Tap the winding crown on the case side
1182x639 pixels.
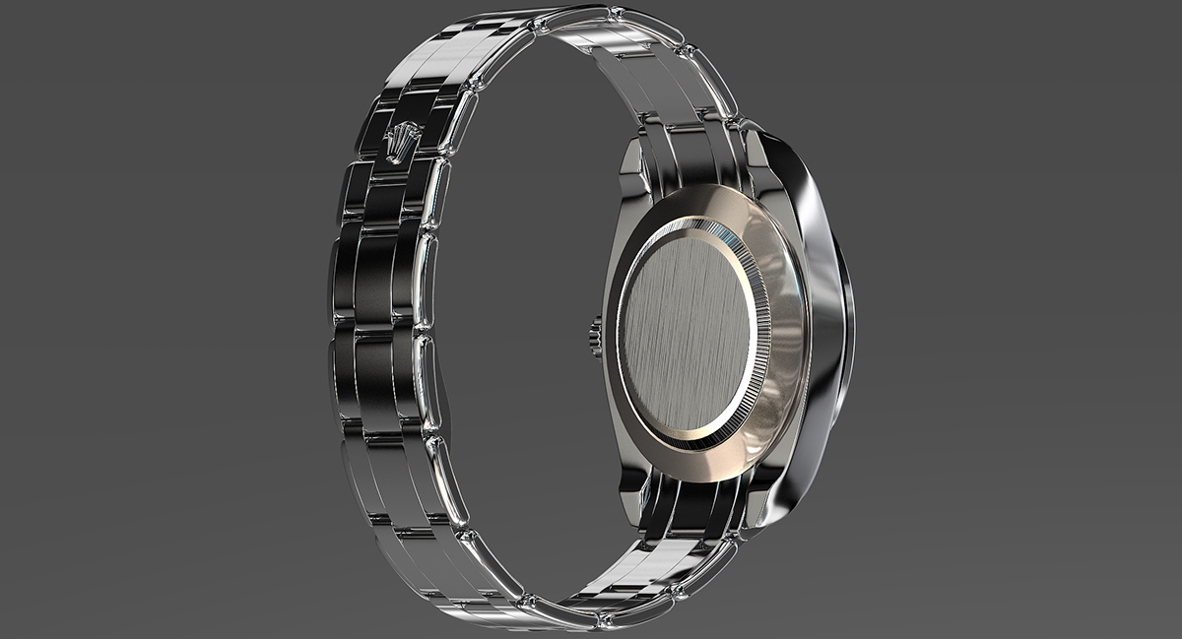point(596,335)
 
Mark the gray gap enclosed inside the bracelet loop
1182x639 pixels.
point(512,325)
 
